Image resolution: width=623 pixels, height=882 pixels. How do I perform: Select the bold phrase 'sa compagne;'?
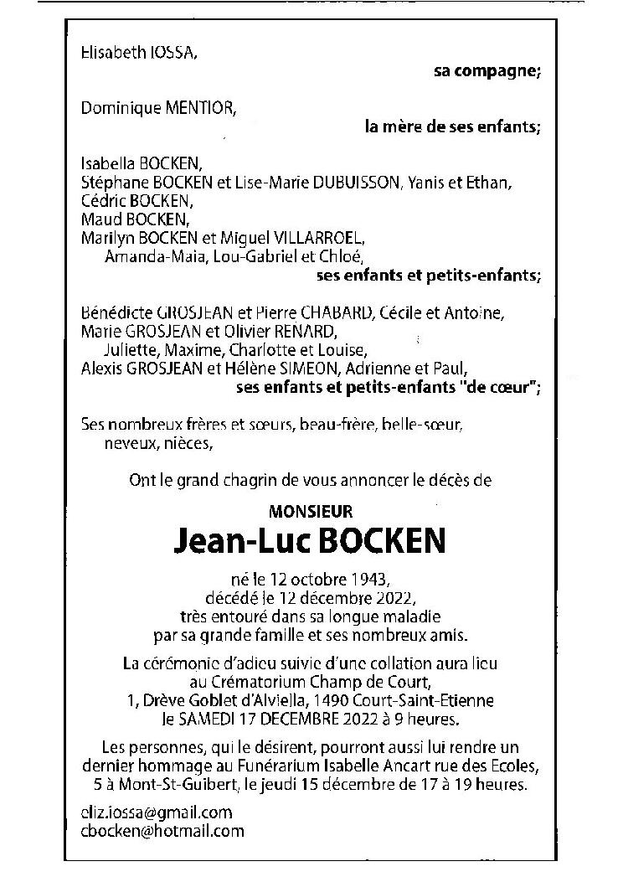[487, 72]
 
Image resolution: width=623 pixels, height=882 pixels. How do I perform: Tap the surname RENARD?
[299, 332]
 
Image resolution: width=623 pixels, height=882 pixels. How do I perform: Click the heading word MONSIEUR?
[311, 510]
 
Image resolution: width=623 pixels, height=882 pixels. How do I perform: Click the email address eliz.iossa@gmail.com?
[156, 812]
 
